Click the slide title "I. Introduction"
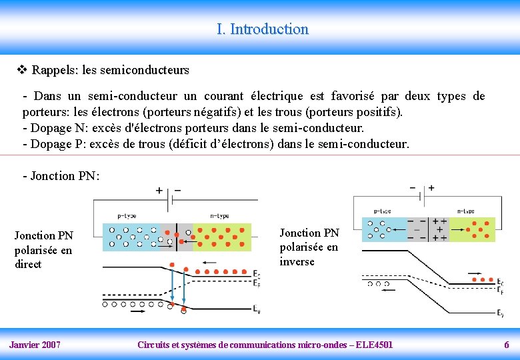point(262,29)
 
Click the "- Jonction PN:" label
point(61,176)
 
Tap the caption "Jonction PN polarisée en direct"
point(44,250)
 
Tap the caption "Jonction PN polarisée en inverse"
point(309,247)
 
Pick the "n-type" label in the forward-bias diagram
point(219,216)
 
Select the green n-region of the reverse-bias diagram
point(473,229)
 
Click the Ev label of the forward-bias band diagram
point(257,309)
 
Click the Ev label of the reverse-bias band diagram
point(500,313)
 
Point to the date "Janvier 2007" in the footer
point(35,345)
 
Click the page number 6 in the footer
point(506,345)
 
